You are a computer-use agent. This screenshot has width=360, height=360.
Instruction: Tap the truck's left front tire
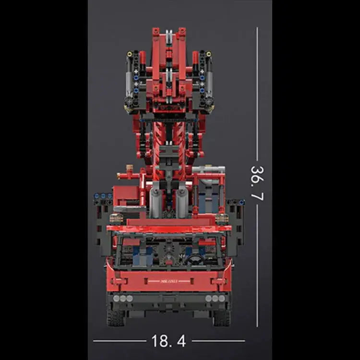[x=116, y=317]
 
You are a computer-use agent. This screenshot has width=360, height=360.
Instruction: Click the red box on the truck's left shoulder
[x=127, y=194]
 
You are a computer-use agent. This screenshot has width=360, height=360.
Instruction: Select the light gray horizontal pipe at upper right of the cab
[x=208, y=169]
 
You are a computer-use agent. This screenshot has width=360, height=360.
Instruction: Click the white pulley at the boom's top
[x=168, y=36]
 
